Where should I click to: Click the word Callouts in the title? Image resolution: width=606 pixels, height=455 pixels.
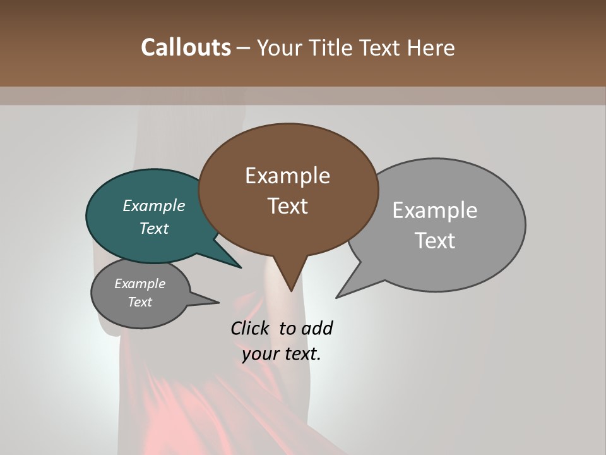coord(186,48)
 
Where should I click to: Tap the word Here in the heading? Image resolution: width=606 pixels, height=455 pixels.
coord(431,48)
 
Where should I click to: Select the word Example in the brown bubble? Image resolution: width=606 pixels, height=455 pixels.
coord(287,176)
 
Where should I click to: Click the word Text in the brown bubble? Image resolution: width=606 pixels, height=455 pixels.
coord(287,206)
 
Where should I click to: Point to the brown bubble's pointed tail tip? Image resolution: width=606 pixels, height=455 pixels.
coord(291,291)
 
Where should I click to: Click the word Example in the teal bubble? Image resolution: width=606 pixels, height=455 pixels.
coord(153,206)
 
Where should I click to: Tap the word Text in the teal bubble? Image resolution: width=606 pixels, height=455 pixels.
coord(153,229)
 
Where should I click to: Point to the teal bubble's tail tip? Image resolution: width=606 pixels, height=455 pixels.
coord(241,267)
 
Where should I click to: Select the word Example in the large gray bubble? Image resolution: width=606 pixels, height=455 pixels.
coord(435,210)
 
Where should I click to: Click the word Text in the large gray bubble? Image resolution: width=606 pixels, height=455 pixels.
coord(435,241)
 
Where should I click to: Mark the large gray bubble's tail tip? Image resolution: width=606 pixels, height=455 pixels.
coord(336,297)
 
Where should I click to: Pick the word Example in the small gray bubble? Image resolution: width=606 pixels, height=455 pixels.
coord(140,284)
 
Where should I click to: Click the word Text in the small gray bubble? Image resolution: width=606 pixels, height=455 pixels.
coord(140,302)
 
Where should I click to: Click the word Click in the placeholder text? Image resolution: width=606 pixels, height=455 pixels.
coord(250,328)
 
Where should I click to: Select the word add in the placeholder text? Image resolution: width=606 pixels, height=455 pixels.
coord(317,328)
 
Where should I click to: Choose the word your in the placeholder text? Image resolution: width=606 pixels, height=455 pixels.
coord(259,354)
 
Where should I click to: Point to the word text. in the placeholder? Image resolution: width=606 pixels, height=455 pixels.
coord(301,354)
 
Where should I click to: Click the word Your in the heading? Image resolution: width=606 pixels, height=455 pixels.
coord(280,48)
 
